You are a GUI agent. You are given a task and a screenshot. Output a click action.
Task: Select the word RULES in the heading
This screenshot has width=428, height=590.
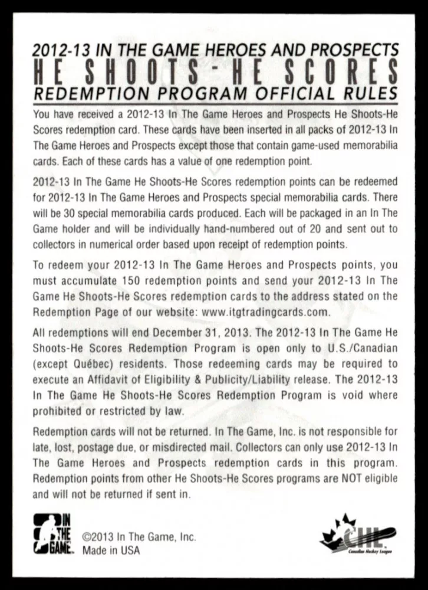369,92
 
